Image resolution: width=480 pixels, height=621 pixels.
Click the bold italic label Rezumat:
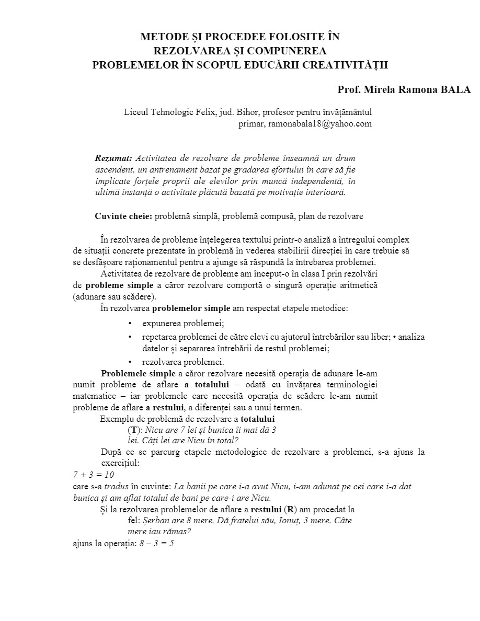[x=113, y=158]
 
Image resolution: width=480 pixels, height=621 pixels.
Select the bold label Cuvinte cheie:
[x=123, y=216]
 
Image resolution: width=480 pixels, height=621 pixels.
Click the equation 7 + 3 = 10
[x=93, y=475]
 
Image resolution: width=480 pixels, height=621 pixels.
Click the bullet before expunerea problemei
[x=130, y=324]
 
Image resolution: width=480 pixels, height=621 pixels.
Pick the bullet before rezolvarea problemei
[x=130, y=362]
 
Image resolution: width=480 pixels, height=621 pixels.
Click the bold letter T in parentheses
[x=134, y=430]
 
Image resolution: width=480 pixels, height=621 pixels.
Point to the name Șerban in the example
[x=157, y=520]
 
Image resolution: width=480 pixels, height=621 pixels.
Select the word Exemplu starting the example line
[x=116, y=419]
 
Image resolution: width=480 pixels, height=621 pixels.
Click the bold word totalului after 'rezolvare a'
[x=258, y=419]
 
